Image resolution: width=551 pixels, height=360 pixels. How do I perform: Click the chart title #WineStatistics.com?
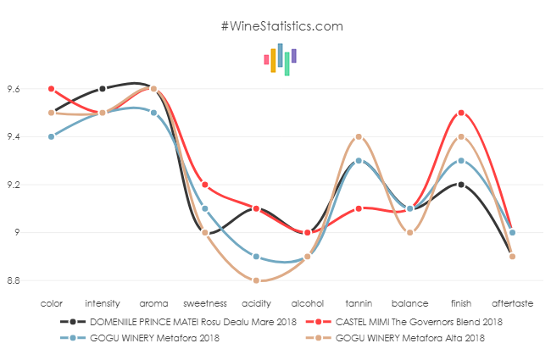point(281,25)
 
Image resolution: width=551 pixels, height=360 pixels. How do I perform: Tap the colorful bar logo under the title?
point(280,59)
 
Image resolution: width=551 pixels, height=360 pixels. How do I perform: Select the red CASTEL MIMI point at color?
point(52,89)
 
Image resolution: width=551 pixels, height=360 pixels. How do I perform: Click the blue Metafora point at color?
point(52,136)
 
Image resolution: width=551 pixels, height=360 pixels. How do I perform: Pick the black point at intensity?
point(103,89)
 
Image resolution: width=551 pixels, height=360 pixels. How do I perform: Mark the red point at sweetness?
point(205,185)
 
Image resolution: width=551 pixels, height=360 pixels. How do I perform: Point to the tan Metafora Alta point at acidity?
point(256,280)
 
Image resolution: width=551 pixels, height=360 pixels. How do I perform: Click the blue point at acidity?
point(256,257)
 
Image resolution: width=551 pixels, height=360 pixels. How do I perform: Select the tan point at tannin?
point(359,136)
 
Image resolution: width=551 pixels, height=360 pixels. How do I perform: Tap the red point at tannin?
point(359,208)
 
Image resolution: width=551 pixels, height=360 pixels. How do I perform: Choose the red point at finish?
point(461,113)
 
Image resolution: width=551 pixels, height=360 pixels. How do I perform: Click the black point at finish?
point(461,185)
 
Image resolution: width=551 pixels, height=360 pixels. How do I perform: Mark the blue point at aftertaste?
point(512,232)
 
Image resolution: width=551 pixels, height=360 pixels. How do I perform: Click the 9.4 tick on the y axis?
point(15,136)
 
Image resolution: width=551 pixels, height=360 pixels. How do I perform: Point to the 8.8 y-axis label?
point(15,280)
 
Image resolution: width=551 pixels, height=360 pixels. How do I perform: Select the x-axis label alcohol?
point(307,302)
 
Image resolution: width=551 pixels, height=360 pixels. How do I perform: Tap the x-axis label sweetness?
point(205,302)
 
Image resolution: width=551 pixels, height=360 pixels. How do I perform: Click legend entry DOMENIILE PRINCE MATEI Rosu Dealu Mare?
point(178,322)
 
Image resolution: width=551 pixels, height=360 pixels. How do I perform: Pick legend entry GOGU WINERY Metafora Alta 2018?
point(411,338)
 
